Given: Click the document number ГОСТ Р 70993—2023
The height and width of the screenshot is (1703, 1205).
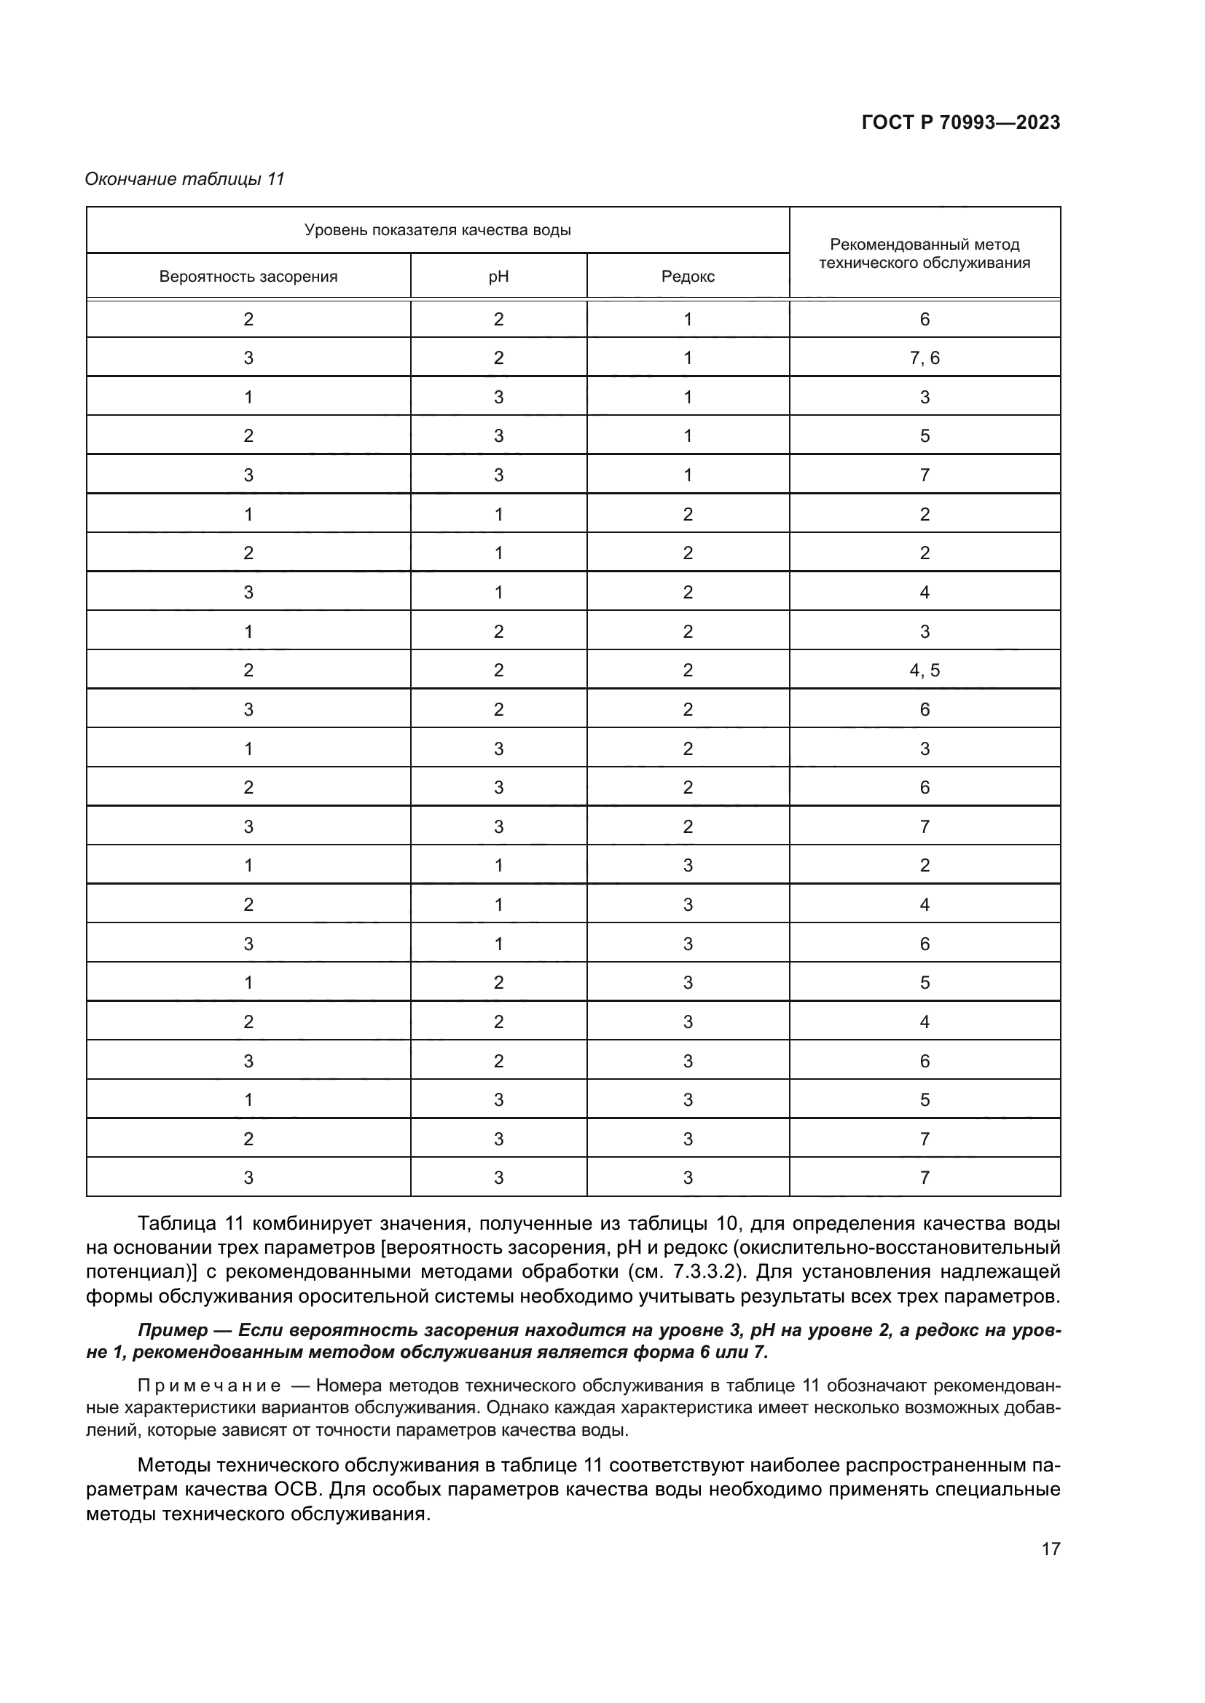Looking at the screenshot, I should (x=961, y=122).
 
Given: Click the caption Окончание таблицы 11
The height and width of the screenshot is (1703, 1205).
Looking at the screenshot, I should (x=185, y=179).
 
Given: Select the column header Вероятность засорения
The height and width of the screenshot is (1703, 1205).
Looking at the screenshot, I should (x=248, y=277).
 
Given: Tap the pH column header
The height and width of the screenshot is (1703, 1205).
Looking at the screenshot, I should (x=498, y=277).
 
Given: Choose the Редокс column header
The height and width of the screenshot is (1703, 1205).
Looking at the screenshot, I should (x=688, y=277).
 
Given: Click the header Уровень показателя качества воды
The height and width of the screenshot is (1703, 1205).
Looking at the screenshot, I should (x=437, y=230).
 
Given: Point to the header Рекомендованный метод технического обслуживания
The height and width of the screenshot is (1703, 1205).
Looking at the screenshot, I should (x=925, y=253).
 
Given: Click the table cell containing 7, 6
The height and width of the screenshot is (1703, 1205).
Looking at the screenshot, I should (x=925, y=358).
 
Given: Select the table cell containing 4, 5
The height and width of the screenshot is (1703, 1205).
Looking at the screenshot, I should (x=925, y=671).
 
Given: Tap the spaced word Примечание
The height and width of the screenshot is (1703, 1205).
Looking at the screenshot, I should (x=208, y=1386).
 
